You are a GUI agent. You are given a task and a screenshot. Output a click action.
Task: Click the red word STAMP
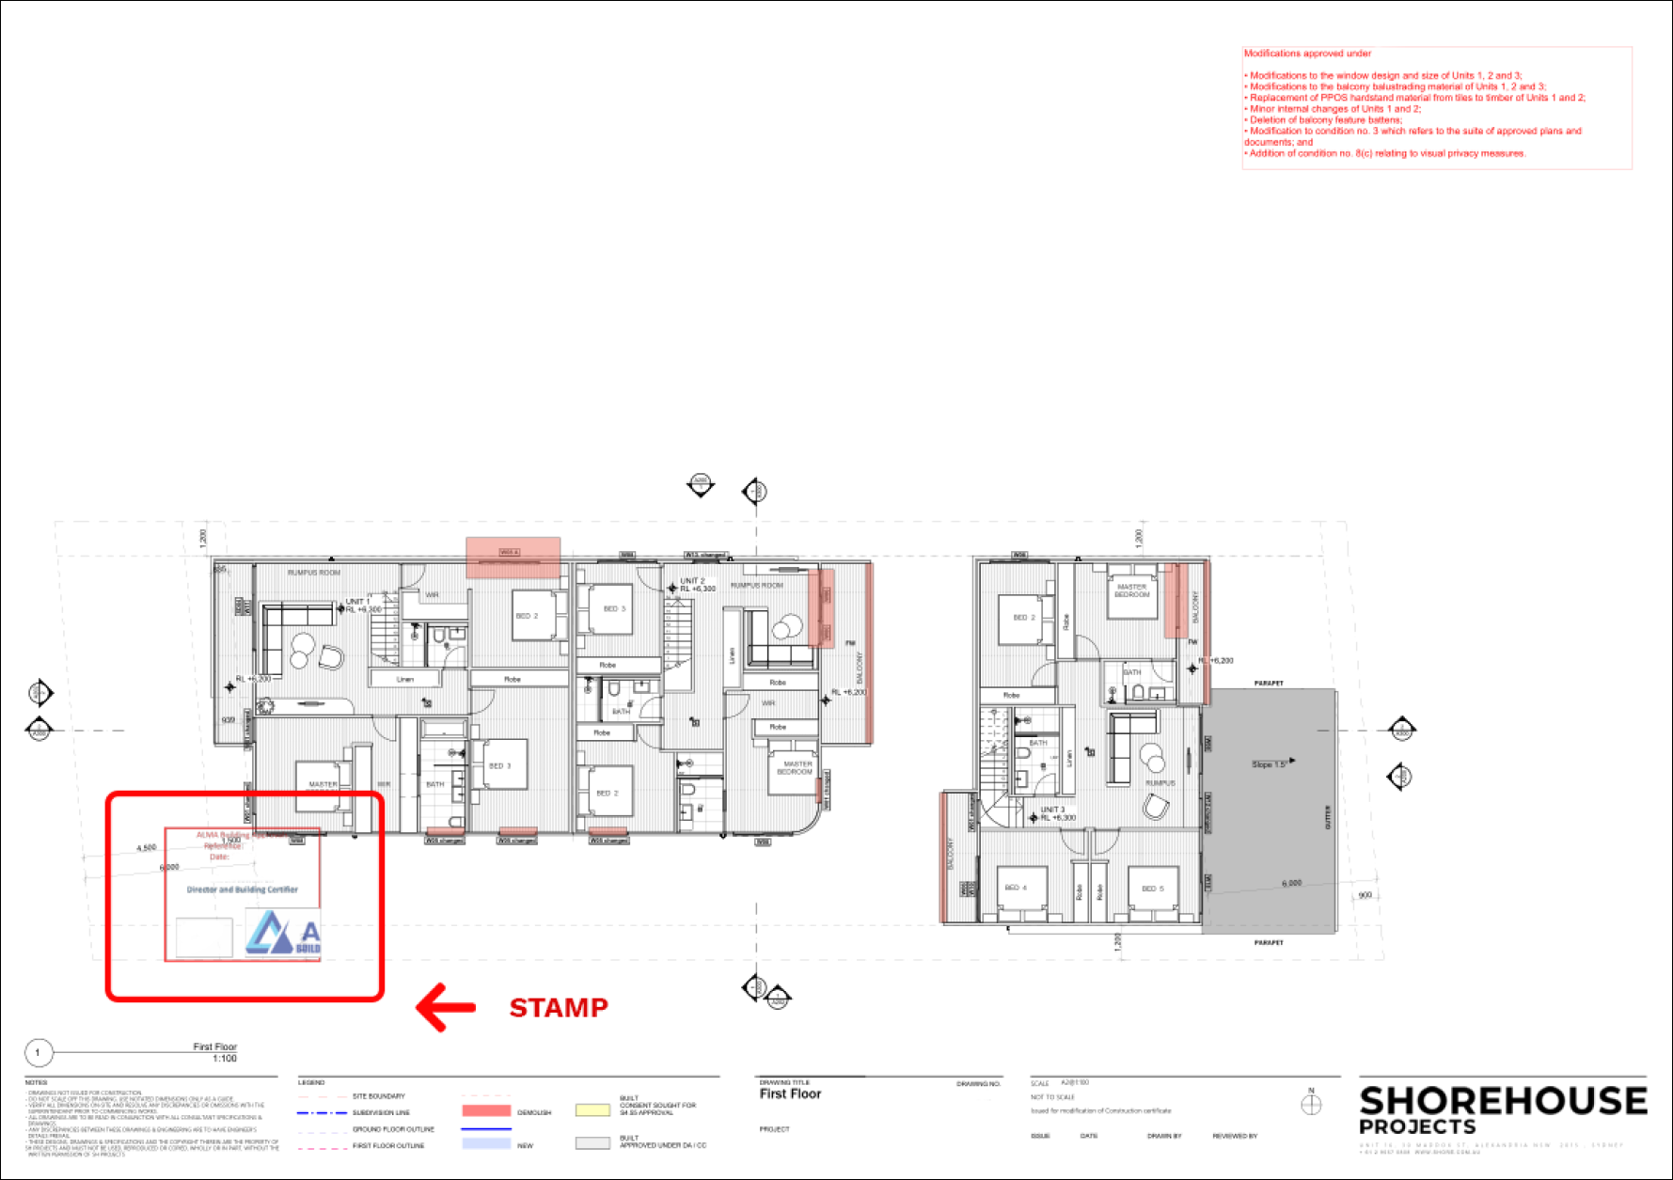click(x=559, y=1008)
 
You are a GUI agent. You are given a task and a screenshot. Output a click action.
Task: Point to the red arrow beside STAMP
click(x=446, y=1008)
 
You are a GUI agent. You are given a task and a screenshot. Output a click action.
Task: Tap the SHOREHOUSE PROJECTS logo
click(x=1502, y=1109)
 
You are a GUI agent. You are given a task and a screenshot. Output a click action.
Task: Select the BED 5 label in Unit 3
click(x=1152, y=889)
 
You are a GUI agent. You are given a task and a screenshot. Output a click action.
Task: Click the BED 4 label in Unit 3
click(x=1016, y=888)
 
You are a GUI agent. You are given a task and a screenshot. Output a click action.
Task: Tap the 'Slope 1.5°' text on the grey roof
click(x=1269, y=764)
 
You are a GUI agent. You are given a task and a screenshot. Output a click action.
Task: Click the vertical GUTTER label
click(x=1328, y=817)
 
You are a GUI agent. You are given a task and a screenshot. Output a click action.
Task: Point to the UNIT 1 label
click(x=358, y=601)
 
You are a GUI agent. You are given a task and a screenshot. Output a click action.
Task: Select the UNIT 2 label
click(x=692, y=581)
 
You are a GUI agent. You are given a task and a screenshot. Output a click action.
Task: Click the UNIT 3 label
click(x=1052, y=810)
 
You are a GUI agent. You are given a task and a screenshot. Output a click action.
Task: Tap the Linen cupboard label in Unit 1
click(x=404, y=679)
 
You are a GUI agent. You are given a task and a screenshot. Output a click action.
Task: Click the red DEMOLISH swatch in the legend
click(x=486, y=1111)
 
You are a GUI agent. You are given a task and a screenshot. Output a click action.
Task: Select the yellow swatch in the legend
click(x=592, y=1110)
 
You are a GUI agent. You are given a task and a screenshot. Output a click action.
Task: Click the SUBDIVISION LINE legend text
click(x=381, y=1112)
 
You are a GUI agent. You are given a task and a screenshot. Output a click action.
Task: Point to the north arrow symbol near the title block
click(x=1311, y=1104)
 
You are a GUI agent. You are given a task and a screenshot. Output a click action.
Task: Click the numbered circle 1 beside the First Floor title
click(x=38, y=1053)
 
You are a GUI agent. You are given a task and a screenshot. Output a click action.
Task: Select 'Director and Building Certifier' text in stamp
click(x=243, y=889)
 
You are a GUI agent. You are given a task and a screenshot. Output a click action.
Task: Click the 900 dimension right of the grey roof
click(x=1365, y=895)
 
